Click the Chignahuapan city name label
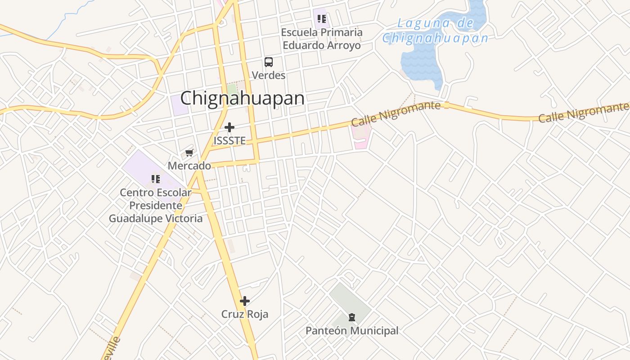[x=242, y=98]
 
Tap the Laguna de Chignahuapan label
[x=435, y=31]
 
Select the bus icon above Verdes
[x=269, y=62]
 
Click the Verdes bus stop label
[x=269, y=75]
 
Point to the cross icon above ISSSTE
[x=229, y=128]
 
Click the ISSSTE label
[x=229, y=141]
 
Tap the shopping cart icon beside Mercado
[x=189, y=153]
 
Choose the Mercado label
[x=189, y=166]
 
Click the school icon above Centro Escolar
[x=156, y=180]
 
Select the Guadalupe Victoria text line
[x=156, y=219]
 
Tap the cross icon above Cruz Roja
[x=245, y=301]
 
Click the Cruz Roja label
[x=245, y=314]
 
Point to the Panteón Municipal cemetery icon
[x=351, y=318]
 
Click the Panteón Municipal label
[x=352, y=331]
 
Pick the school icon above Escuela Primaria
[x=322, y=19]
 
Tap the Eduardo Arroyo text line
[x=322, y=45]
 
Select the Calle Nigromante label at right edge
[x=583, y=112]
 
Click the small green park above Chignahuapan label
[x=232, y=90]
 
